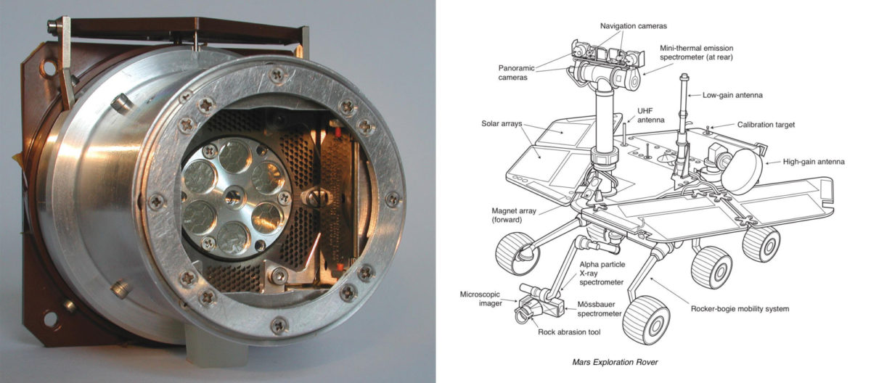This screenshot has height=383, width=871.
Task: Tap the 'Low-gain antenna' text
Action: point(733,95)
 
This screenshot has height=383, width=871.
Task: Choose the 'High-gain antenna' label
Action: point(814,162)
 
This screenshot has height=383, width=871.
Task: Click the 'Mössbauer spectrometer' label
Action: point(600,309)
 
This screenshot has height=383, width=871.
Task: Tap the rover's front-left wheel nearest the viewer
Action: point(645,318)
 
